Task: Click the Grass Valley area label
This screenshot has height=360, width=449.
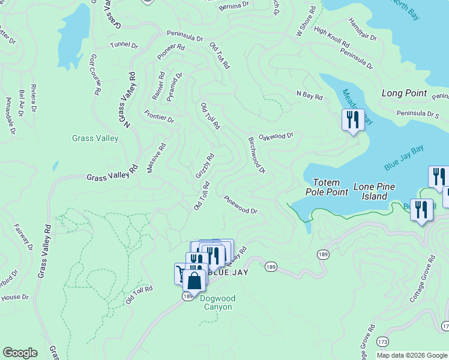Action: (95, 138)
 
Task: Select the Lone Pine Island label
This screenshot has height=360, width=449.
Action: (374, 191)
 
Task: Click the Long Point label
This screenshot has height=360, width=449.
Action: (404, 94)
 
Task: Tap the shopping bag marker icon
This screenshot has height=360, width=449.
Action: (195, 281)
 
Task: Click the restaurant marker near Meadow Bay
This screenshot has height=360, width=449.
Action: (352, 119)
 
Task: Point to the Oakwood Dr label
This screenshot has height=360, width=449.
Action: (276, 136)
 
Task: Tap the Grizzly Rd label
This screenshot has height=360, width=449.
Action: (205, 166)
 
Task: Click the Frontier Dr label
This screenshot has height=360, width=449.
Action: (159, 116)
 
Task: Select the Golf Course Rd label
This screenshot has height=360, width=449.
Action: (94, 76)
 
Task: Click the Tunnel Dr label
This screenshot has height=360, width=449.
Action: (124, 45)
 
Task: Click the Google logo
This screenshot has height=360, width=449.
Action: (20, 353)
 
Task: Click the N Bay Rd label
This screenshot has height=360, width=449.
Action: (309, 95)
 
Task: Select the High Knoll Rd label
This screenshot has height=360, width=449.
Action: (331, 38)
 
